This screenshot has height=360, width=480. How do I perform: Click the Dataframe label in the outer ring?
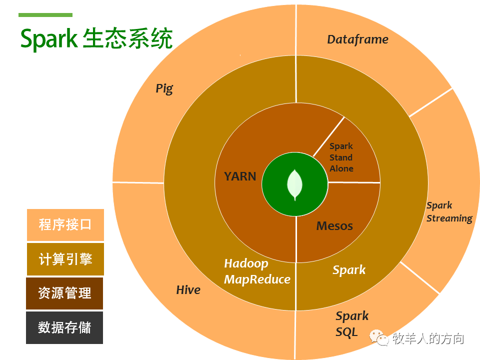pos(357,39)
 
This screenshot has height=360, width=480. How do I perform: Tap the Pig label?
pos(164,89)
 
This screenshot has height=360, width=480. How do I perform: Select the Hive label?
pos(188,289)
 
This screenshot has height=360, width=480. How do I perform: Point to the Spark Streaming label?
pos(449,212)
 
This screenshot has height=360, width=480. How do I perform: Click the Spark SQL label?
pos(351,324)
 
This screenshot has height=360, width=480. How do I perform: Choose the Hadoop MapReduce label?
pos(257,271)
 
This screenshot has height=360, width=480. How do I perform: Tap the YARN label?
pos(240,176)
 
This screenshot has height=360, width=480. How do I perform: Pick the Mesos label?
pos(334,226)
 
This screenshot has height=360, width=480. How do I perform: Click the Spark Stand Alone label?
pos(341,157)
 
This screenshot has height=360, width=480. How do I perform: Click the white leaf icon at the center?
pos(295,184)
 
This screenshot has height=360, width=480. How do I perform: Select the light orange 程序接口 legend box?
pos(65,225)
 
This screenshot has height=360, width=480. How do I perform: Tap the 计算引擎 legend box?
pos(65,259)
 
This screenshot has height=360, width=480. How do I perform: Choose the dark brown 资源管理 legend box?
pos(64,293)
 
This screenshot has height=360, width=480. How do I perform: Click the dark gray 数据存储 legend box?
pos(64,327)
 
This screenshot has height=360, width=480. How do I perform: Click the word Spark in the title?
pos(49,39)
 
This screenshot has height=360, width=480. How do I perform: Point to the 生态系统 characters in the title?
pos(127,38)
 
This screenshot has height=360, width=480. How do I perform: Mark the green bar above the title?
pos(45,15)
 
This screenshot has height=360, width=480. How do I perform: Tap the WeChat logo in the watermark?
pos(379,337)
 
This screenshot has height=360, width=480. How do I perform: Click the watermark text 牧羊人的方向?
pos(428,338)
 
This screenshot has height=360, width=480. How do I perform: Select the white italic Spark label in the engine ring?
pos(349,270)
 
